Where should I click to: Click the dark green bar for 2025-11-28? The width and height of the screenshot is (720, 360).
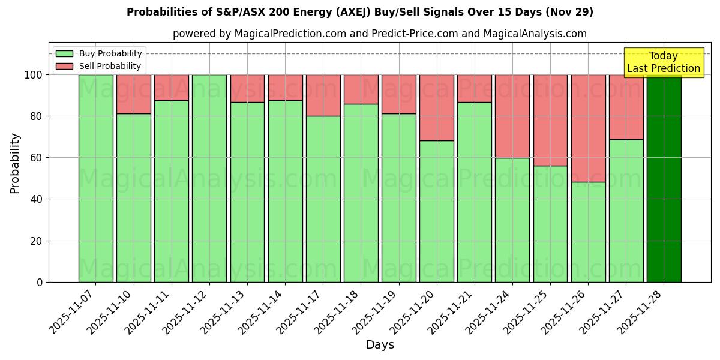[664, 178]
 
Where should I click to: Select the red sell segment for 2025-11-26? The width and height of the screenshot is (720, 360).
[588, 128]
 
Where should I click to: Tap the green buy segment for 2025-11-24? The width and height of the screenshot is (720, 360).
[512, 220]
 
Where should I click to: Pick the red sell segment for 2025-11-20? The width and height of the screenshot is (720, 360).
[436, 107]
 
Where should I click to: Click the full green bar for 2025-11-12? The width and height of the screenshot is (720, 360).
[209, 178]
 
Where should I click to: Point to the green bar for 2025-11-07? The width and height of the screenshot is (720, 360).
[95, 178]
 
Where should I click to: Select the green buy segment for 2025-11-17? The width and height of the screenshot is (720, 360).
[323, 199]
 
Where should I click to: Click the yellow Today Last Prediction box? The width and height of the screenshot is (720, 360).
[663, 62]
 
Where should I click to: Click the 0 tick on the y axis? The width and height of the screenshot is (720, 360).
[40, 282]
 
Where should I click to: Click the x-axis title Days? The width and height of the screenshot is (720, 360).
[380, 345]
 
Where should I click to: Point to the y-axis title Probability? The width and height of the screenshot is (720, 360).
[15, 163]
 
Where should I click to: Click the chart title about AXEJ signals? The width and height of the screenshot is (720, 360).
[360, 12]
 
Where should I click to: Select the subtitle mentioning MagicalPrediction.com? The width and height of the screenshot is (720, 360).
[379, 34]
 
